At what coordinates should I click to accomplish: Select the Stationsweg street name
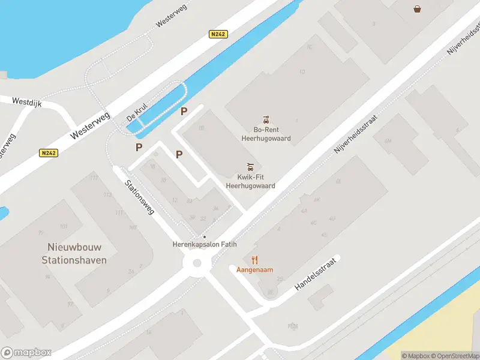140,197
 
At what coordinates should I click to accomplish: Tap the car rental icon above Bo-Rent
265,119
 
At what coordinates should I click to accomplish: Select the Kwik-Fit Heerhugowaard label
250,182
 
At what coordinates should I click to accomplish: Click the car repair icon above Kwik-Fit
251,166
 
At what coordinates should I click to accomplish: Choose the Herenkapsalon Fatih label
205,245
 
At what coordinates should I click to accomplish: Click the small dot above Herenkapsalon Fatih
204,237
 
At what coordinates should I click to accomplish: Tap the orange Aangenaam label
254,270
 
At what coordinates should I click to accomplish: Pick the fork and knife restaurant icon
255,260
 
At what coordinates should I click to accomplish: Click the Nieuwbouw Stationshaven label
74,253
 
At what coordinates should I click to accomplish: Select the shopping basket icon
417,8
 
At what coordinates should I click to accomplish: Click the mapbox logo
26,352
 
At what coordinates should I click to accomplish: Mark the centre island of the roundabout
196,263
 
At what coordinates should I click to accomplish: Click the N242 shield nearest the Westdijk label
49,153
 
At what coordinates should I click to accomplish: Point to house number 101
64,226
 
